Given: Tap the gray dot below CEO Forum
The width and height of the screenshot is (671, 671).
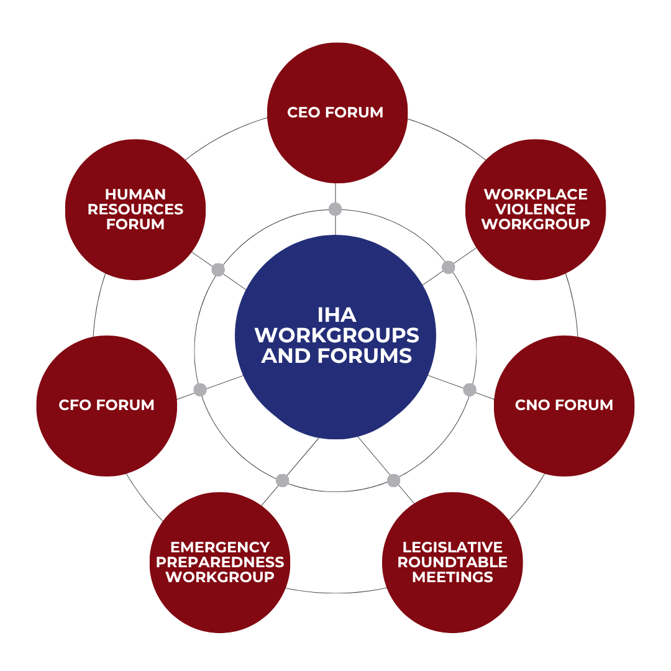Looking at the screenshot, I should [335, 208].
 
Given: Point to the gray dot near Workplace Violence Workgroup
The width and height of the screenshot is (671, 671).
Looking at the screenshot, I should [449, 267].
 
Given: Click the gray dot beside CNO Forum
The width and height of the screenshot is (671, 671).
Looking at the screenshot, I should [470, 390].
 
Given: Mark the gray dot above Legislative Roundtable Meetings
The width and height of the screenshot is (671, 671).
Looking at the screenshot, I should [393, 480].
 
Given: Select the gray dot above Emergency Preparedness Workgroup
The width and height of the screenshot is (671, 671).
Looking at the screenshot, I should [283, 480].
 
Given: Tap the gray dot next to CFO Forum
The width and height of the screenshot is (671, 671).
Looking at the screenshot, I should [200, 390].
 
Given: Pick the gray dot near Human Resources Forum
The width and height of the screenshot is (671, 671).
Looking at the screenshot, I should [218, 270].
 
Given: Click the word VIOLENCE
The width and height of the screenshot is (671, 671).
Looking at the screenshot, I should [536, 209].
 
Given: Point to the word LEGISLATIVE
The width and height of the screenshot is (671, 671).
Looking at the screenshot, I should [452, 547].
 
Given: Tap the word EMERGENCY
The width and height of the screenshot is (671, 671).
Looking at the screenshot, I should [220, 547].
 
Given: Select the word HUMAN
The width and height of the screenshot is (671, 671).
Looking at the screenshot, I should [135, 194].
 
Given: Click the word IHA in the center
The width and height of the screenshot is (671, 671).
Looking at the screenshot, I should [336, 314].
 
